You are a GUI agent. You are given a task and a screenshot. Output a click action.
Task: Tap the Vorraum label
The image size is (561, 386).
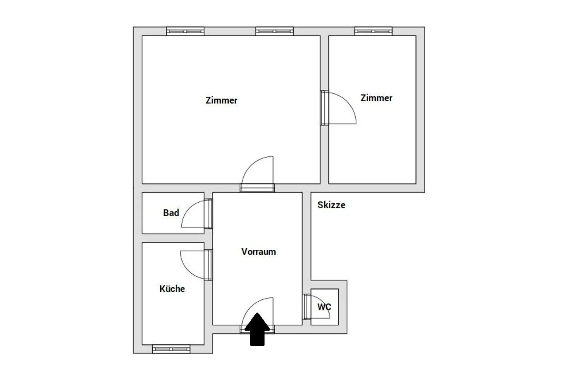coord(259,252)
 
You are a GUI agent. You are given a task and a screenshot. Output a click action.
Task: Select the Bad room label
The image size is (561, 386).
coord(171,213)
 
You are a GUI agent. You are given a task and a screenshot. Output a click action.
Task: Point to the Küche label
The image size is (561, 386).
coord(172,288)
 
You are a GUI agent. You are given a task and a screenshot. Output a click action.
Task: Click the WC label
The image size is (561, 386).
coord(324,307)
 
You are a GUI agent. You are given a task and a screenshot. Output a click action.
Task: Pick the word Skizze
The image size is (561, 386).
coord(331,205)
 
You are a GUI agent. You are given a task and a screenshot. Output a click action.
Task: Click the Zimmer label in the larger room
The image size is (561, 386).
coord(221,100)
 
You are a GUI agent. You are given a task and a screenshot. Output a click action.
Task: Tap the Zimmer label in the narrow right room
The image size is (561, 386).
coord(377,98)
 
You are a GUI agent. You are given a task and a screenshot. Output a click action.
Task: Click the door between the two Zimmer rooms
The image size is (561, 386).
coord(338,108)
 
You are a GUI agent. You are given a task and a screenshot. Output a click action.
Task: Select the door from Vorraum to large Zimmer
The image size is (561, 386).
coord(257,174)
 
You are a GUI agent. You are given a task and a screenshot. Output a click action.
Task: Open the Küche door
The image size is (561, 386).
coord(196,265)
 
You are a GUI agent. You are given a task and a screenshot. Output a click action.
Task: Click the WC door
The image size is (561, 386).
coord(316,307)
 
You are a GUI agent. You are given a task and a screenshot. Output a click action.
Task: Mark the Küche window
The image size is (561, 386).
coord(171,349)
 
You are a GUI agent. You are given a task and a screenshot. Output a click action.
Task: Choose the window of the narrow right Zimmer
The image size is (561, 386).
coord(373,31)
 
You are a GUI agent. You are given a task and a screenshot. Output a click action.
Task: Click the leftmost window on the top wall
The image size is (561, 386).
coord(185,31)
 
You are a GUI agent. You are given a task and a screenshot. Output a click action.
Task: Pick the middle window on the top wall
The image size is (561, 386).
coord(275,31)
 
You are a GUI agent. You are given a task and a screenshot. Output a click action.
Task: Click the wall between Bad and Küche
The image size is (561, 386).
coord(173,238)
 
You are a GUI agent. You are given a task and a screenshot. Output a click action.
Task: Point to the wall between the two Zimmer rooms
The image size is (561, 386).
coord(324,110)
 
